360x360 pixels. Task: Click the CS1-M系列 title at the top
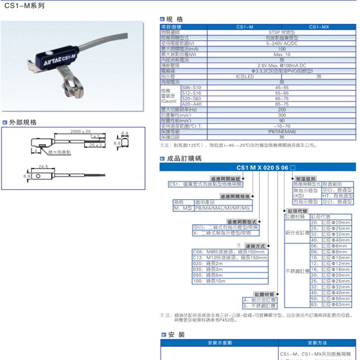24,8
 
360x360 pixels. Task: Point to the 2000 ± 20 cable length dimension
80,131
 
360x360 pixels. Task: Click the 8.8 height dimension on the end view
116,143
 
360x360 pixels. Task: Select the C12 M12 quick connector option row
230,257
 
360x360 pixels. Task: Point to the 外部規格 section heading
23,122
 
